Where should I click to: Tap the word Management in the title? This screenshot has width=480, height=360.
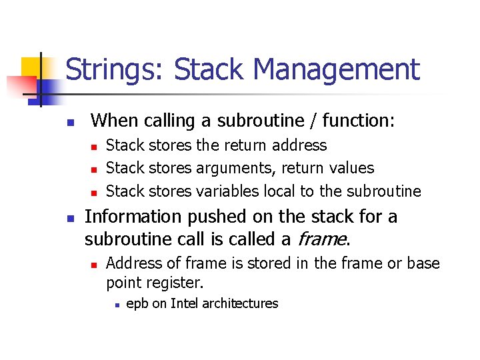point(337,70)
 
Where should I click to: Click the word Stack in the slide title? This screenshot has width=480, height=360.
point(209,70)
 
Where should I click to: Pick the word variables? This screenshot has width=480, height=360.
point(227,191)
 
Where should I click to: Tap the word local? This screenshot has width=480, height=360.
point(279,191)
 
